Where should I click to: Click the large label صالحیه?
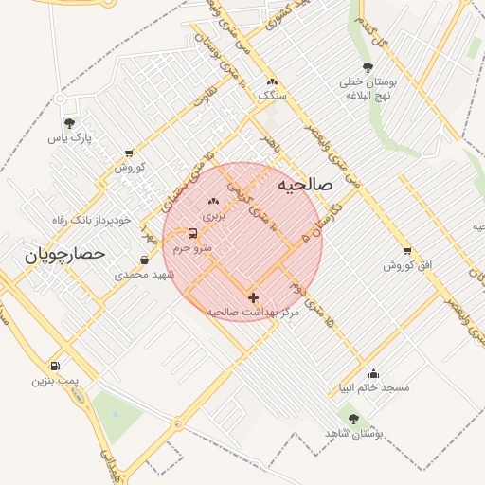point(305,185)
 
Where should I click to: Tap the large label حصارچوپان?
point(63,255)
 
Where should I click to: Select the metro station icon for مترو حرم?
point(193,233)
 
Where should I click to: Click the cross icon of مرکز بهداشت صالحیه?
point(252,297)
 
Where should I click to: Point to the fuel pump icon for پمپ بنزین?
point(54,366)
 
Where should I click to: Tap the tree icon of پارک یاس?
point(68,123)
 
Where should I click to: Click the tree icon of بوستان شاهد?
point(353,418)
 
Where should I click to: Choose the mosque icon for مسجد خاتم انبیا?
point(374,373)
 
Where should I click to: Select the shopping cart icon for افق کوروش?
point(407,251)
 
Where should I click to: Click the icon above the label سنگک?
point(273,81)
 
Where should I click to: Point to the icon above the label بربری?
point(213,201)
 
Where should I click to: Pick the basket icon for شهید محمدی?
point(144,260)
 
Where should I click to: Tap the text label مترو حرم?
point(193,248)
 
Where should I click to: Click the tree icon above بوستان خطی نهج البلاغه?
point(367,67)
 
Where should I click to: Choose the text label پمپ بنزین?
point(53,380)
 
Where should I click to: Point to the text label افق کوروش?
point(407,265)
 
